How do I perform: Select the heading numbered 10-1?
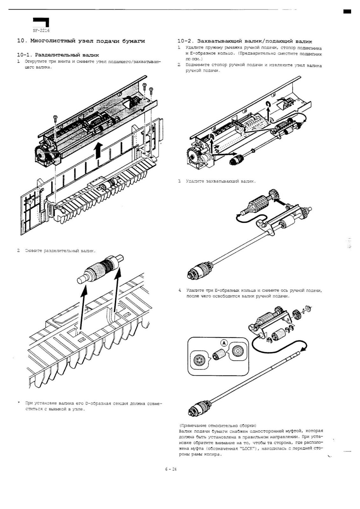tap(58, 55)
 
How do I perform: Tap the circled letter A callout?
tap(224, 343)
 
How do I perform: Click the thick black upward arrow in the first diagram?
tap(99, 150)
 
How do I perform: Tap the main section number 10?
tap(21, 41)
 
